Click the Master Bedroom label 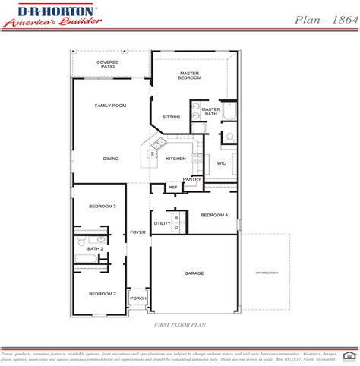click(x=188, y=75)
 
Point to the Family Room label click(x=110, y=106)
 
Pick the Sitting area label click(x=172, y=117)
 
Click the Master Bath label click(x=210, y=112)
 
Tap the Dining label click(x=111, y=159)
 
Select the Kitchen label click(x=175, y=159)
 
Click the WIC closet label click(x=221, y=162)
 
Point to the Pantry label click(x=191, y=179)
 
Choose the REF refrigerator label click(x=172, y=187)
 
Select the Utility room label click(x=162, y=223)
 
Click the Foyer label click(x=137, y=232)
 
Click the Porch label click(x=137, y=298)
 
